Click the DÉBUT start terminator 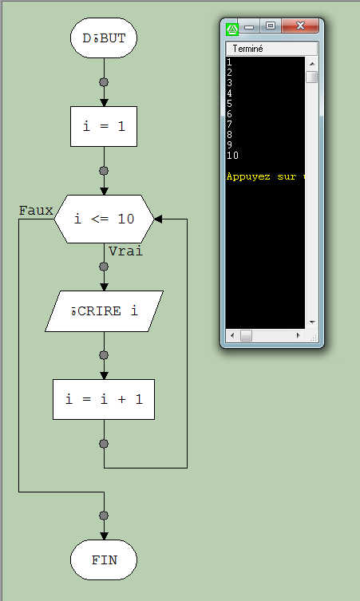104,38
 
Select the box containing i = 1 104,126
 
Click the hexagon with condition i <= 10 104,219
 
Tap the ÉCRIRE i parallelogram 104,311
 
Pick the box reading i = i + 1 104,399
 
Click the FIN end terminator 104,559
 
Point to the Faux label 36,211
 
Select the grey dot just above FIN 104,516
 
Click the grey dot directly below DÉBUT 104,82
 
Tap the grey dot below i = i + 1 104,443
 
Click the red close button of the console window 302,27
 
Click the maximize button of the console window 271,27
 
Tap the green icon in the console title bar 232,28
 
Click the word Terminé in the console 248,49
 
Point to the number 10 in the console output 232,155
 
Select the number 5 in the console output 229,103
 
